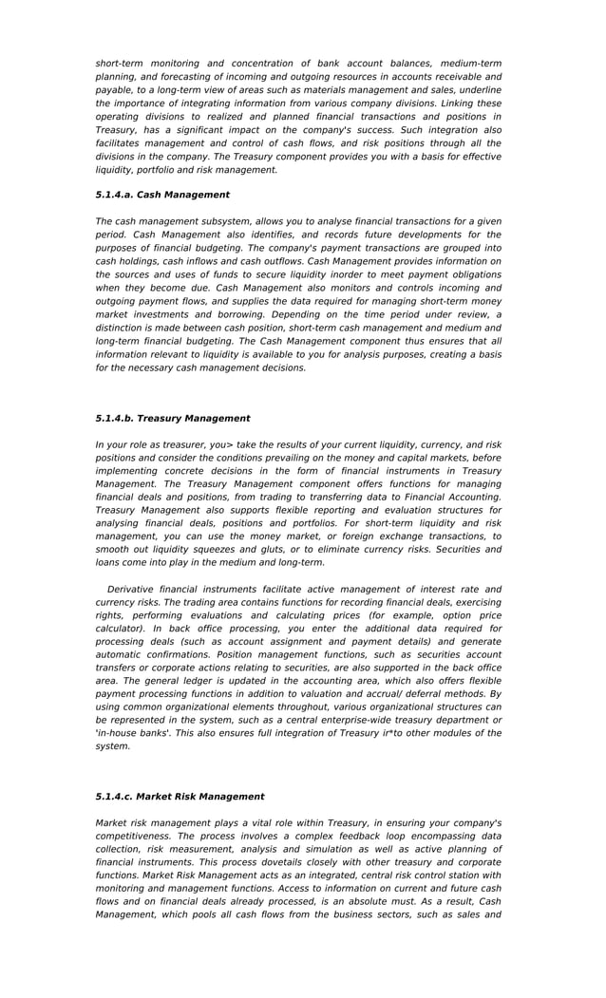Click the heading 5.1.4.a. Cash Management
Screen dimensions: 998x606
[x=162, y=195]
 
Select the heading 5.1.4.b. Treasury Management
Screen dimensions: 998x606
[x=173, y=418]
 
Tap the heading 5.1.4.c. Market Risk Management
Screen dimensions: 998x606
[x=180, y=797]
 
